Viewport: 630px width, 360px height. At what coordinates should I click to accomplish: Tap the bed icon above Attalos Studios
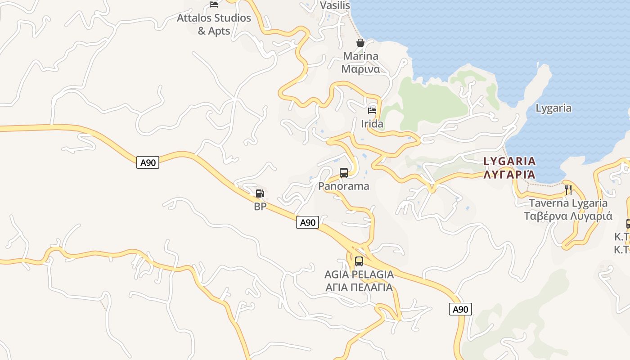pos(214,4)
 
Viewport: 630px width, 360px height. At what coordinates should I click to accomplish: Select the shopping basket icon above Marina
pos(360,43)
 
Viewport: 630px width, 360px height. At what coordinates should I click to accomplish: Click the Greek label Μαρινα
pos(360,69)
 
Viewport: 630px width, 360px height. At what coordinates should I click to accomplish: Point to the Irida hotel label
pos(372,124)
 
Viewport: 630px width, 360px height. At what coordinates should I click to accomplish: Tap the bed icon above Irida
pos(372,110)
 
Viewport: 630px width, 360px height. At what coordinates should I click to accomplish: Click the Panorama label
pos(344,186)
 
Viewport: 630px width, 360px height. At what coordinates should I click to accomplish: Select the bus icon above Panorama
pos(344,172)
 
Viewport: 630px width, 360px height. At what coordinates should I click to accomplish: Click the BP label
pos(260,207)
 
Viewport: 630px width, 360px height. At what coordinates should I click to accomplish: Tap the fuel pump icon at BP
pos(260,193)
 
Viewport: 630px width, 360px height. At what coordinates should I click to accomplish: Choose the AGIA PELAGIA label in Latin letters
pos(359,274)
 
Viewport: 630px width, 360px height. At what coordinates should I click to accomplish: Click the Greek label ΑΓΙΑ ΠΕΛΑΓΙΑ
pos(359,287)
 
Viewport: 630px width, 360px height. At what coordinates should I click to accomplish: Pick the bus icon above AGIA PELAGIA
pos(359,261)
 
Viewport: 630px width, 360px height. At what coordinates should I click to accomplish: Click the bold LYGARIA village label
pos(510,161)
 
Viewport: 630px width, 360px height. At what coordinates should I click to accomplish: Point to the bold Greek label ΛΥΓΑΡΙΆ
pos(510,174)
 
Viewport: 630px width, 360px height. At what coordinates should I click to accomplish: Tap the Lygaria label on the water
pos(553,108)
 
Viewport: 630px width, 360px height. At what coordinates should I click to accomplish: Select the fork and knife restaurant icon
pos(569,189)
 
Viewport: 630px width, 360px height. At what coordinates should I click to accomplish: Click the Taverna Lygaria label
pos(568,203)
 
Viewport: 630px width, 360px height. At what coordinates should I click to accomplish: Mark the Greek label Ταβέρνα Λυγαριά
pos(568,216)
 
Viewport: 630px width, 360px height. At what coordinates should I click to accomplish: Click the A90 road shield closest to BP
pos(307,222)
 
